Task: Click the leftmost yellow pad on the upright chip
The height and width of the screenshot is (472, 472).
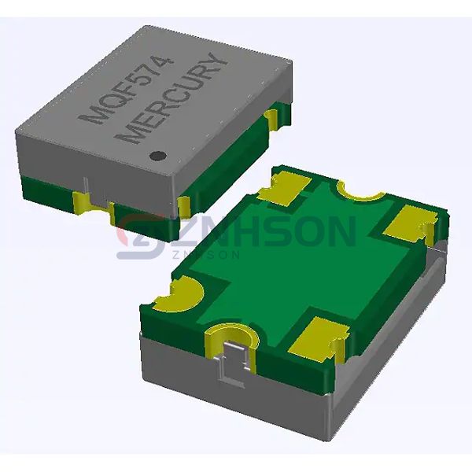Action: (82, 202)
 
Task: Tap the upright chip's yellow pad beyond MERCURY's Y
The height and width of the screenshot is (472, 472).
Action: (273, 118)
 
